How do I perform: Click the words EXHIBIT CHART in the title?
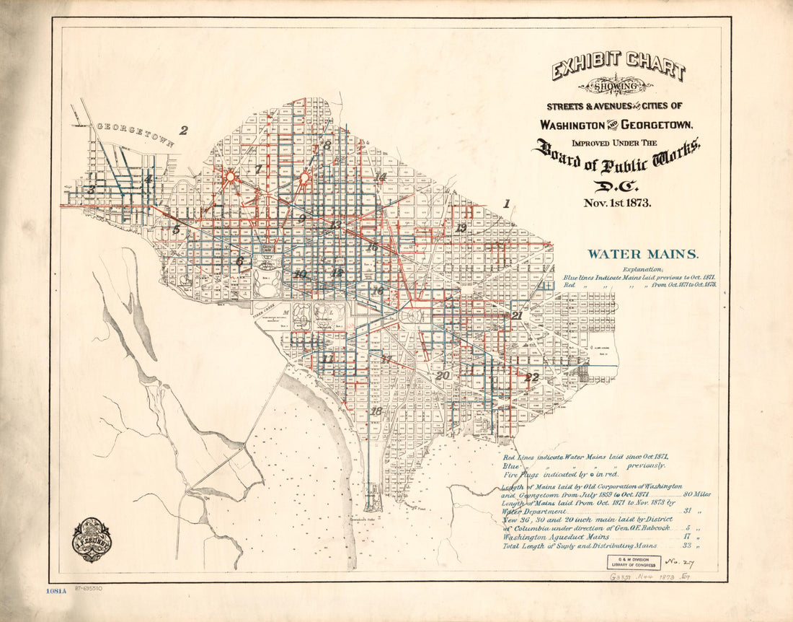click(619, 67)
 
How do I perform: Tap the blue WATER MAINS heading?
click(642, 254)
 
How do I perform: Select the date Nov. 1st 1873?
click(617, 203)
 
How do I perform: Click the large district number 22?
click(532, 377)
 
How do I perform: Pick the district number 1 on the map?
click(506, 204)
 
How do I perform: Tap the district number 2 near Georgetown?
click(184, 131)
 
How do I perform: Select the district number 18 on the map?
click(376, 411)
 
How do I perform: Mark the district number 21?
click(517, 315)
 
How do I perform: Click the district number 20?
click(442, 375)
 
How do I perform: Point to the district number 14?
click(381, 177)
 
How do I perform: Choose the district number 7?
click(258, 169)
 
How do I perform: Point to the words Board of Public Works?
click(616, 156)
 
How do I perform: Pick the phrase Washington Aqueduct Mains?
click(556, 536)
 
